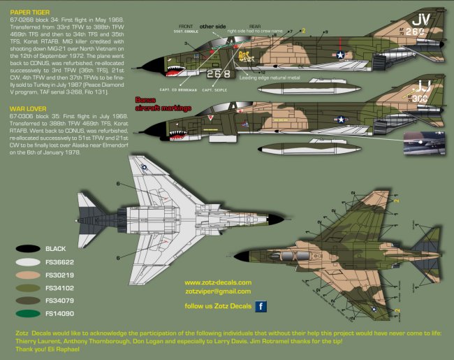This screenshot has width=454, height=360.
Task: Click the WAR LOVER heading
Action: [x=28, y=109]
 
